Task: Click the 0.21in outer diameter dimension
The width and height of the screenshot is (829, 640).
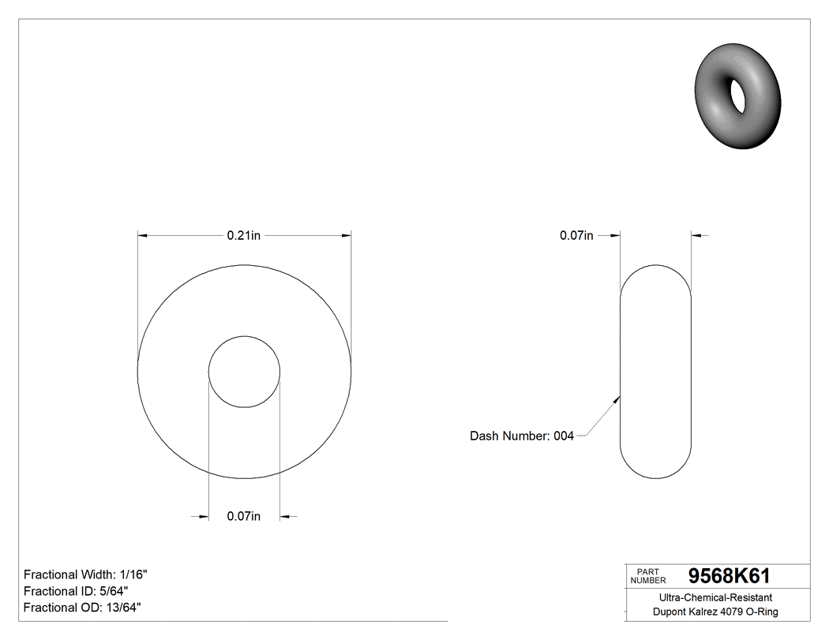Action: point(243,235)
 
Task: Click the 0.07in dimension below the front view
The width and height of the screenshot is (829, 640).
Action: point(243,516)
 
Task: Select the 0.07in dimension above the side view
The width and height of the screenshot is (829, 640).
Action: point(576,235)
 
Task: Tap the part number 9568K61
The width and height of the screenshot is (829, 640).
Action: point(729,576)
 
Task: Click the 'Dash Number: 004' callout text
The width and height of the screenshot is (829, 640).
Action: point(521,436)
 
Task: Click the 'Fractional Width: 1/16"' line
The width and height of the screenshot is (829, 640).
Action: point(85,575)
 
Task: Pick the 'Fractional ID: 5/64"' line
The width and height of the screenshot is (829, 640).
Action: point(76,591)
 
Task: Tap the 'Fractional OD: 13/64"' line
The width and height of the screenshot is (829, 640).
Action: point(82,607)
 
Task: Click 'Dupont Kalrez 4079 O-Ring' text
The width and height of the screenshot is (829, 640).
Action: point(715,612)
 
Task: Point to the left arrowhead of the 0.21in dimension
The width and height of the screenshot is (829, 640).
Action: point(142,234)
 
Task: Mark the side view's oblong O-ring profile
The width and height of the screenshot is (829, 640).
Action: point(656,372)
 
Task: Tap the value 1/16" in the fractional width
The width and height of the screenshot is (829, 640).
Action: point(135,575)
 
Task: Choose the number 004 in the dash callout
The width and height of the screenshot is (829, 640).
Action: point(563,436)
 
